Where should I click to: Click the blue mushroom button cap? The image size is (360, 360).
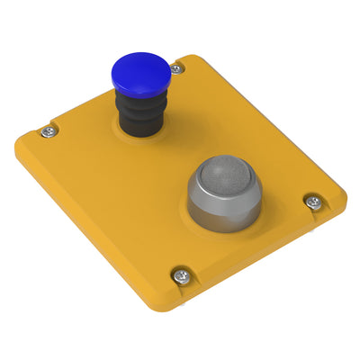(x=139, y=72)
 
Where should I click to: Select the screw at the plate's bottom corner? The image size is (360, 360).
(x=182, y=276)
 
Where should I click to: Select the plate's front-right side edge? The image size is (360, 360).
(x=270, y=261)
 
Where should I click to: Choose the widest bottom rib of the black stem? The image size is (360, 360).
(x=139, y=126)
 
